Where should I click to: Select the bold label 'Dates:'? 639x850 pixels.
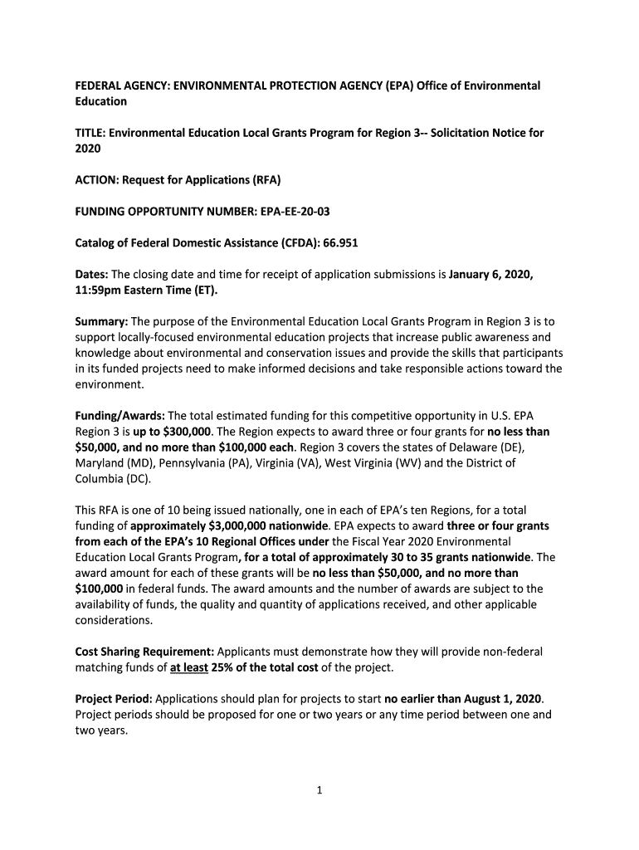92,275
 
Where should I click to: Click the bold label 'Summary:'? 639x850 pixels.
102,321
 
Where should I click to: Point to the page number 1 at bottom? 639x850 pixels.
319,790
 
